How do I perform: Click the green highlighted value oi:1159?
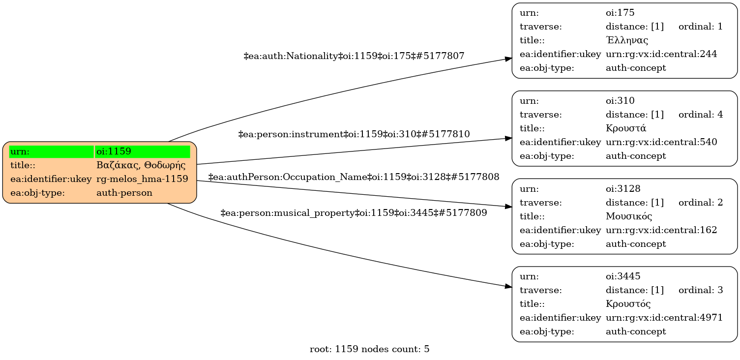click(114, 151)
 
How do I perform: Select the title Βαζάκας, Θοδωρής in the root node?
click(141, 165)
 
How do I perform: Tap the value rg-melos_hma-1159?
click(142, 179)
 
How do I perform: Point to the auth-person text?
click(124, 193)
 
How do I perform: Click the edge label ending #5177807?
click(354, 56)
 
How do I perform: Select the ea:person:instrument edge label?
click(354, 134)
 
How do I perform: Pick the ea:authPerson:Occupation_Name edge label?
click(354, 177)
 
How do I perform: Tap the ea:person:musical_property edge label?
click(354, 213)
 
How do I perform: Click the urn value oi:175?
click(617, 13)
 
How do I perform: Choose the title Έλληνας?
click(627, 40)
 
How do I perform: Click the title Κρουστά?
click(626, 128)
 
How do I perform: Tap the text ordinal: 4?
click(701, 115)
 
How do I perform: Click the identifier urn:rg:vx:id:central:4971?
click(664, 318)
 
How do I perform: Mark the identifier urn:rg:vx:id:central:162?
click(661, 230)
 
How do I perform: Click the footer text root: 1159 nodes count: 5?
click(370, 349)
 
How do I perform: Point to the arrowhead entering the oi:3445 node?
click(508, 287)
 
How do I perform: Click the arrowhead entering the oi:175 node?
click(508, 59)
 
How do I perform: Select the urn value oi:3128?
click(619, 189)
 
